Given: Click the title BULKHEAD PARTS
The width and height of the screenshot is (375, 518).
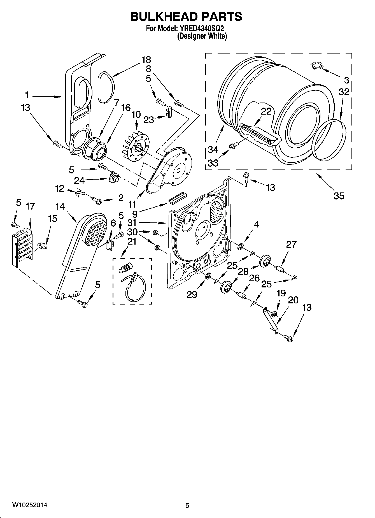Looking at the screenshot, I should [x=186, y=17].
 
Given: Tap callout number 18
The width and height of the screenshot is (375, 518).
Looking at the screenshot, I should [x=146, y=60].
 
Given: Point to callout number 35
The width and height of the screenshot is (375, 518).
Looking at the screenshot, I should [x=339, y=196].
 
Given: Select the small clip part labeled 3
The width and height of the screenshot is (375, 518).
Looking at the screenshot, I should [x=316, y=66].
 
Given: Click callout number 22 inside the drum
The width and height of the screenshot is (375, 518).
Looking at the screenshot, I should [x=266, y=112].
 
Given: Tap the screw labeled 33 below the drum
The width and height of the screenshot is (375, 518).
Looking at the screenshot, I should [x=234, y=145].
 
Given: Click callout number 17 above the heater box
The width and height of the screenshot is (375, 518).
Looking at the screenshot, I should [x=30, y=206].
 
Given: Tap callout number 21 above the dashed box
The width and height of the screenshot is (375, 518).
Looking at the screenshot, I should [x=132, y=241].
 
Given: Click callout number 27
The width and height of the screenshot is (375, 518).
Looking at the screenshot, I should [x=291, y=244].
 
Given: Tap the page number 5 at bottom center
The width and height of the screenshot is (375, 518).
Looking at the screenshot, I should [x=187, y=506].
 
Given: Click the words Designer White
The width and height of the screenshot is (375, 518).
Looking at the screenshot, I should [x=202, y=36].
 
